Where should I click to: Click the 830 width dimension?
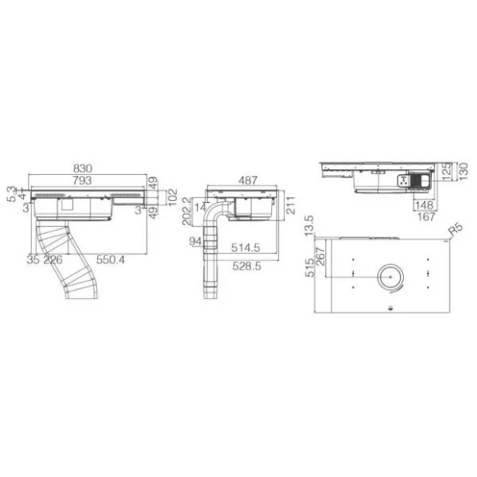[82, 168]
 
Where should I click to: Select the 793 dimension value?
[82, 181]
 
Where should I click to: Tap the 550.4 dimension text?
[111, 259]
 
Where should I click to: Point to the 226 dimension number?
[53, 259]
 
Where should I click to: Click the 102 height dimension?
[172, 197]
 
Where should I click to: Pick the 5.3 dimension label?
[11, 194]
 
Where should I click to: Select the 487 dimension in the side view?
[248, 181]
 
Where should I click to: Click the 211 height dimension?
[291, 205]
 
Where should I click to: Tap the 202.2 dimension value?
[187, 211]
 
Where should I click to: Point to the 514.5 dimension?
[245, 248]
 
